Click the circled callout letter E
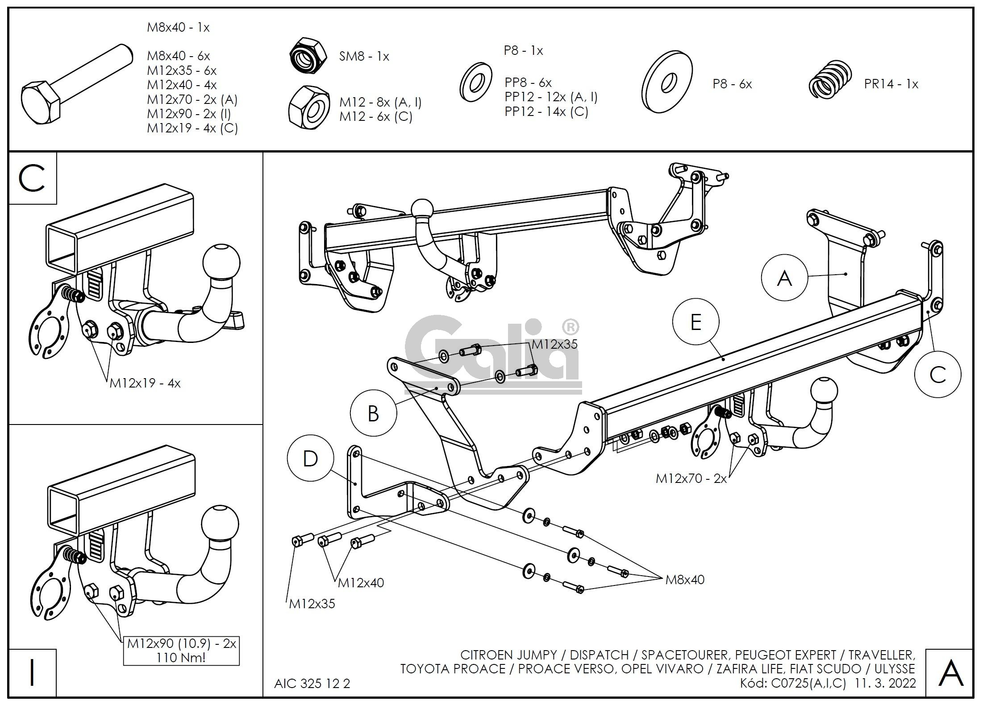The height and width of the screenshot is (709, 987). point(695,322)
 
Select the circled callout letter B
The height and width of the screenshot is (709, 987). point(373,413)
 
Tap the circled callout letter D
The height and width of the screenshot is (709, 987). point(310,459)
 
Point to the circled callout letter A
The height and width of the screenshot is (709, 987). point(784,279)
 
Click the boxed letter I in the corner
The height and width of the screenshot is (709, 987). point(32,673)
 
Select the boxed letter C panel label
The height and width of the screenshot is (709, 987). point(32,178)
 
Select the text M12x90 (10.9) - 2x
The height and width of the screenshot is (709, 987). point(181,644)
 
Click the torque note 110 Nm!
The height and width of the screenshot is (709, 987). point(181,658)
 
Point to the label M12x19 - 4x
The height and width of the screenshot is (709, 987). point(145,383)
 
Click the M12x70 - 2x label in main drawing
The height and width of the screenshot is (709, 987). point(691,478)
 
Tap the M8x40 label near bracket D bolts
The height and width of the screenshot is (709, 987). point(684,580)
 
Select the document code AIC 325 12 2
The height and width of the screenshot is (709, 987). point(312,684)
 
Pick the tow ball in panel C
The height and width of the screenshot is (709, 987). point(221,262)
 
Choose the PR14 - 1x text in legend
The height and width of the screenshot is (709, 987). point(891,84)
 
